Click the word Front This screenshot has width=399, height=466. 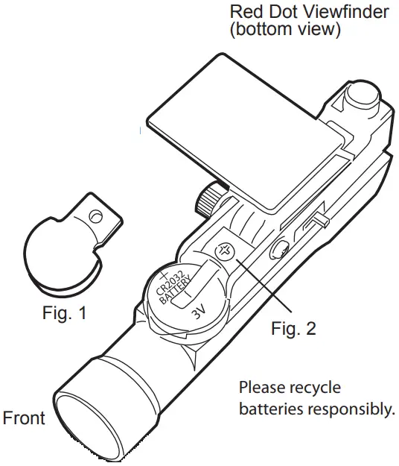coord(24,418)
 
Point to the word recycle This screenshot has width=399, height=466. coord(316,388)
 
